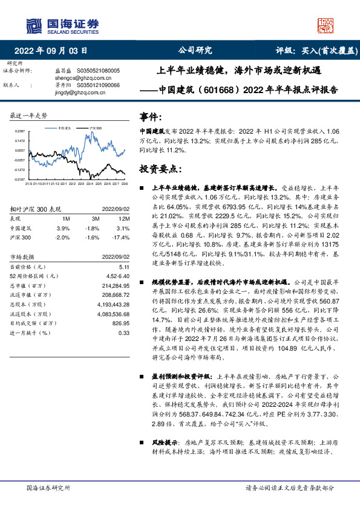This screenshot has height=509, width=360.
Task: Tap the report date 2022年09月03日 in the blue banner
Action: tap(54, 51)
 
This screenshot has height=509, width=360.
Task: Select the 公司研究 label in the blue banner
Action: tap(195, 51)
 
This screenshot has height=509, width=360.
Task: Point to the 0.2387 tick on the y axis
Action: tap(21, 131)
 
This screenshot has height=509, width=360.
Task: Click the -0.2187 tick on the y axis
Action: tap(20, 180)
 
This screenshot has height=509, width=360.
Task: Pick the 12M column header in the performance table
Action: tap(123, 218)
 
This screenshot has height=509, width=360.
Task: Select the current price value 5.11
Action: tap(124, 266)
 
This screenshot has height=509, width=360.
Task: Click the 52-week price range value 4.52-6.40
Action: tap(119, 276)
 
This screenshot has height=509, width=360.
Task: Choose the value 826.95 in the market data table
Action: tap(120, 323)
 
